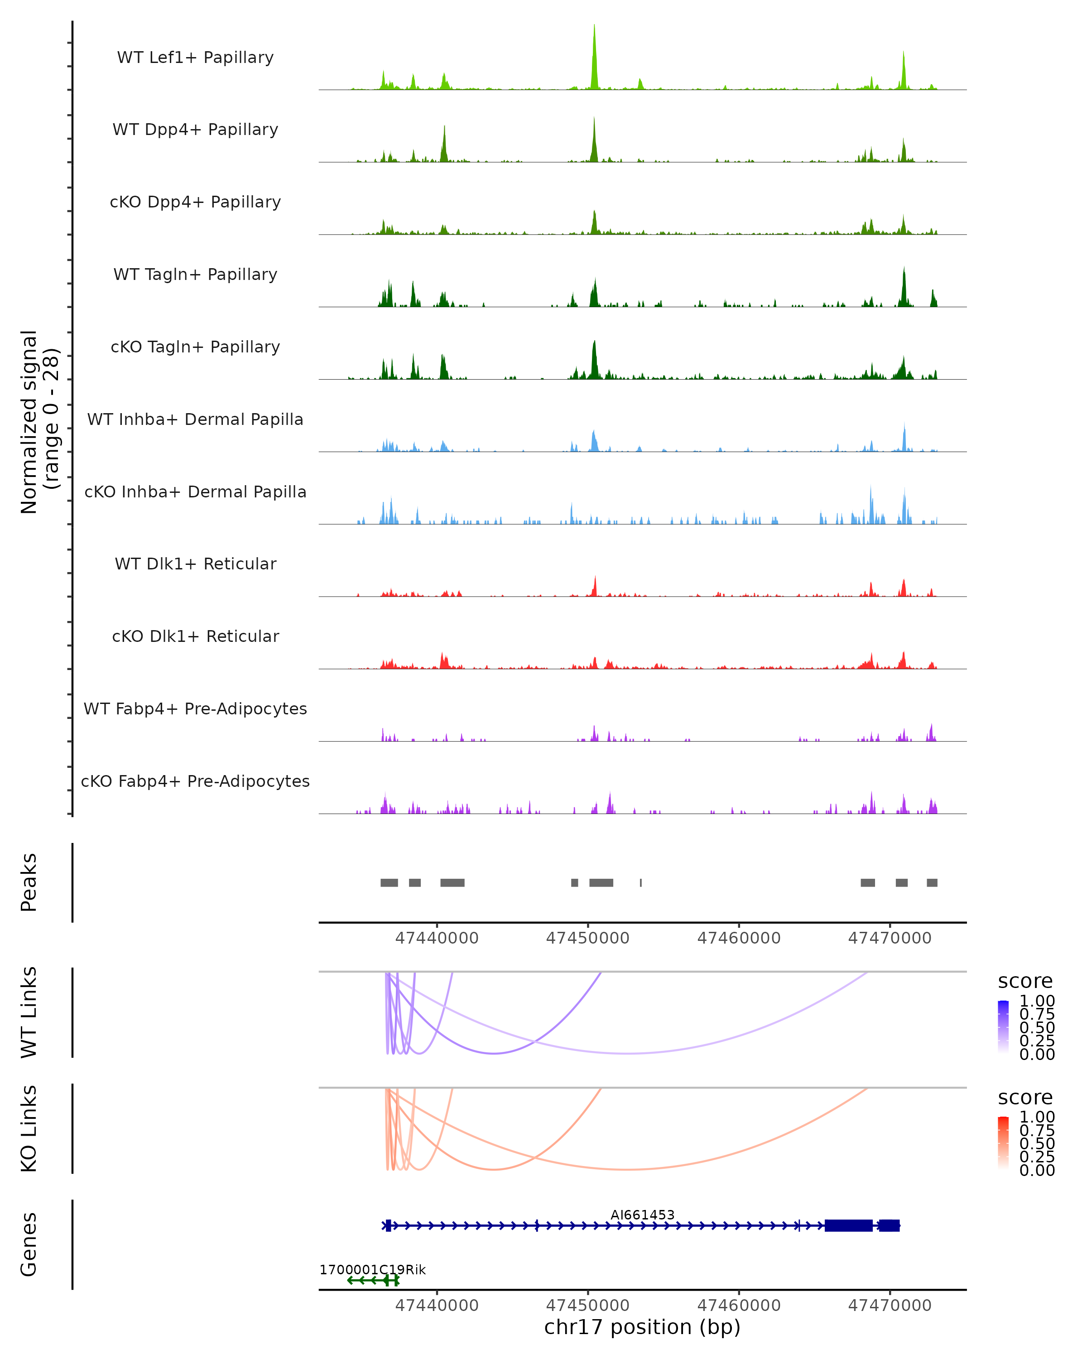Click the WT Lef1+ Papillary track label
coord(195,58)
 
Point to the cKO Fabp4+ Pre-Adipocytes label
coord(195,781)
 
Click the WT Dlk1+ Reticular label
coord(195,564)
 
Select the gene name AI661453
coord(642,1214)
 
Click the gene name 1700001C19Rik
coord(372,1269)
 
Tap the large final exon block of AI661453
coord(848,1225)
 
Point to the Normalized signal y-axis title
coord(39,422)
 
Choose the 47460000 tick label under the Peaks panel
coord(739,938)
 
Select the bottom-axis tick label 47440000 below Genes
coord(437,1305)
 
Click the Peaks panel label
coord(29,882)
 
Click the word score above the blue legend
coord(1025,981)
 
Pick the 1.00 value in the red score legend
coord(1037,1116)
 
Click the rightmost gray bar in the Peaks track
coord(932,882)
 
